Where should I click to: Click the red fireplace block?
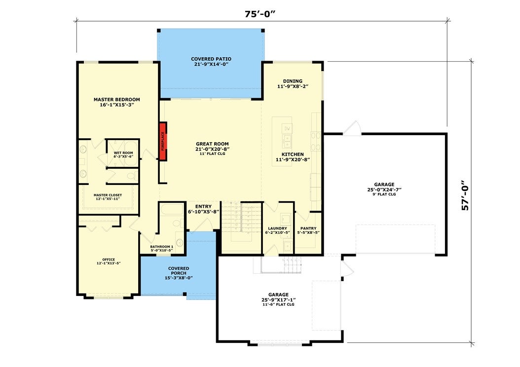[x=162, y=141]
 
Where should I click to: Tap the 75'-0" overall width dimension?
[x=260, y=14]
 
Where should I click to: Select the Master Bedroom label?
[x=117, y=100]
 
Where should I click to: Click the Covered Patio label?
[x=211, y=59]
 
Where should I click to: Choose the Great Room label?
[x=212, y=144]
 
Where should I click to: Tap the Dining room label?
[x=293, y=81]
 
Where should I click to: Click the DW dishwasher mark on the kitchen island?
[x=287, y=128]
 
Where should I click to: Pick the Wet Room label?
[x=123, y=153]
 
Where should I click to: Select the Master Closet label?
[x=108, y=195]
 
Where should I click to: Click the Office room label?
[x=109, y=259]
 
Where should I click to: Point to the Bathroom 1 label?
[x=161, y=247]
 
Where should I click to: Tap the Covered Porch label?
[x=179, y=271]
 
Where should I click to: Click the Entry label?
[x=203, y=207]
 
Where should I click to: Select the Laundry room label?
[x=278, y=228]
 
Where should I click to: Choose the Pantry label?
[x=308, y=228]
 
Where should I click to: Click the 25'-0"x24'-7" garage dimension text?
[x=384, y=189]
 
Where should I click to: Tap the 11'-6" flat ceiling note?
[x=278, y=304]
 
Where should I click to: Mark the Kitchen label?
[x=293, y=154]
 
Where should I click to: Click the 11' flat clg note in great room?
[x=212, y=154]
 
